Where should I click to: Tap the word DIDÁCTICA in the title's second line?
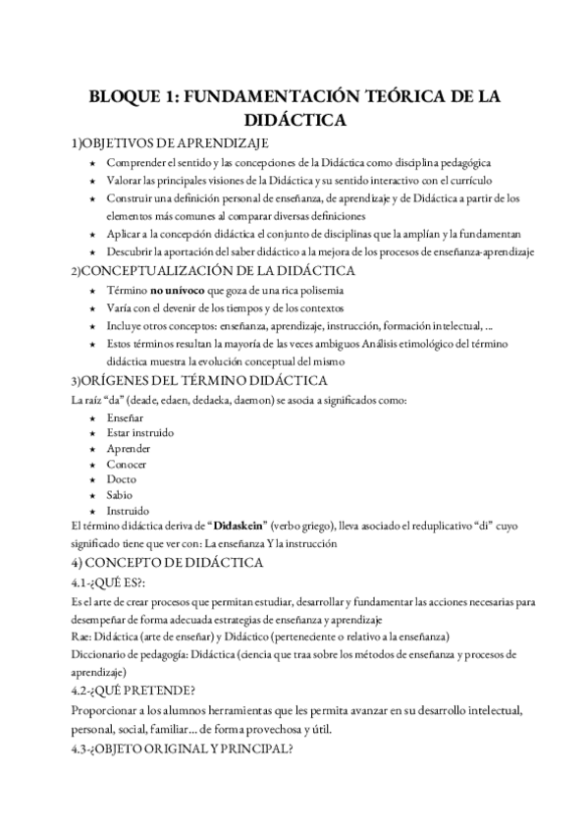(294, 120)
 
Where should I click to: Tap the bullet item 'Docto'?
(123, 479)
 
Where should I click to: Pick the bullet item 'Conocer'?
(128, 464)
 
